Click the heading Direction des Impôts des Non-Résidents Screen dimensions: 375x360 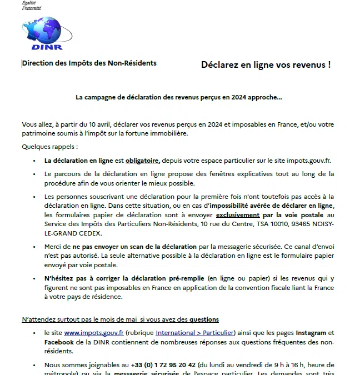pos(89,63)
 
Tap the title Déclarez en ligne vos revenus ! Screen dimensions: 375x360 pos(266,64)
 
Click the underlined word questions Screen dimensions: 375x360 pos(204,319)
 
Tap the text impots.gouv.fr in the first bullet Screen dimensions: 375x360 pos(307,161)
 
